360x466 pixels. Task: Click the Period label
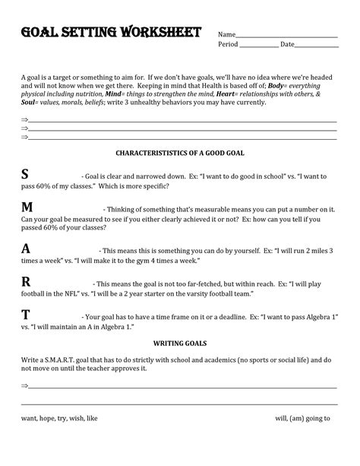pyautogui.click(x=228, y=45)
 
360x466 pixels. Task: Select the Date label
pyautogui.click(x=287, y=45)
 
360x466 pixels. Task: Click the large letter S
pyautogui.click(x=26, y=176)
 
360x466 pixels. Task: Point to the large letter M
pyautogui.click(x=27, y=209)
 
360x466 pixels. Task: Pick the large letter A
pyautogui.click(x=26, y=249)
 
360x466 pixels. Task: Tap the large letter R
pyautogui.click(x=26, y=282)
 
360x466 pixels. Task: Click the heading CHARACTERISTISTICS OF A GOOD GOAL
pyautogui.click(x=179, y=153)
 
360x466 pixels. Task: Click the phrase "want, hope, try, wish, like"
pyautogui.click(x=59, y=418)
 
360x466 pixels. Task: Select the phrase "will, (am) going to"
pyautogui.click(x=302, y=418)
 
